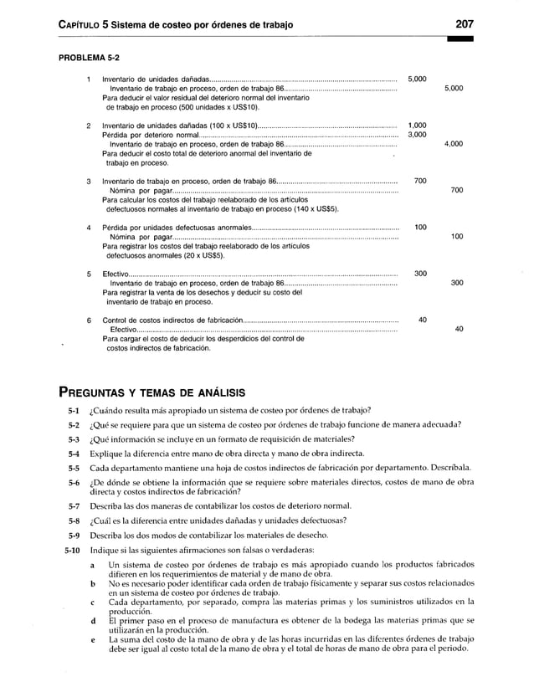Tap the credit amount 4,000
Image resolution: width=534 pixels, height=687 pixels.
click(454, 144)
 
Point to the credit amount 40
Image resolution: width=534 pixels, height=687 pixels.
click(458, 329)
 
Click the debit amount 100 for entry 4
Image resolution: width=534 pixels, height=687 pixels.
click(420, 227)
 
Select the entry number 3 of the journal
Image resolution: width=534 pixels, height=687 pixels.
click(89, 181)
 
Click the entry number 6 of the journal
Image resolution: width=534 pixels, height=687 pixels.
click(89, 320)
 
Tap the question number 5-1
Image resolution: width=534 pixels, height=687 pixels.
click(74, 410)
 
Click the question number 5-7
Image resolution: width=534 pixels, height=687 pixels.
click(74, 506)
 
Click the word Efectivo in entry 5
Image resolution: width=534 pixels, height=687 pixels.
click(115, 274)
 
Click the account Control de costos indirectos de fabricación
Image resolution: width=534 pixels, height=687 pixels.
click(172, 320)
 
